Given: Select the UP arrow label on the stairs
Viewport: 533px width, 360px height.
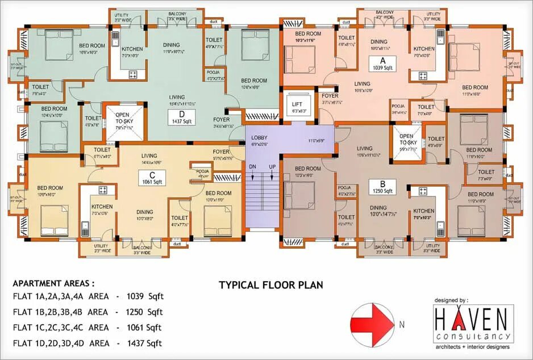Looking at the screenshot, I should (272, 166).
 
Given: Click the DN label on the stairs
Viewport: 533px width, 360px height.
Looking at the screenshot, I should (252, 166).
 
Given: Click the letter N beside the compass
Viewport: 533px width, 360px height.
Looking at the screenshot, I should (401, 325).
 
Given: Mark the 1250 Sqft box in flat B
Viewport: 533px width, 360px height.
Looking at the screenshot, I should (382, 187).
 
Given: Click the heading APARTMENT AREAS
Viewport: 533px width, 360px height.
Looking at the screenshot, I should (53, 283).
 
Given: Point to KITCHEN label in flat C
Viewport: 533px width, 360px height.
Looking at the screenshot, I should (102, 206).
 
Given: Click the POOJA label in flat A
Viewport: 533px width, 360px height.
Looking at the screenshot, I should (398, 106).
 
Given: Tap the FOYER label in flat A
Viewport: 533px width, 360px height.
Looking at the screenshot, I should (330, 96).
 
